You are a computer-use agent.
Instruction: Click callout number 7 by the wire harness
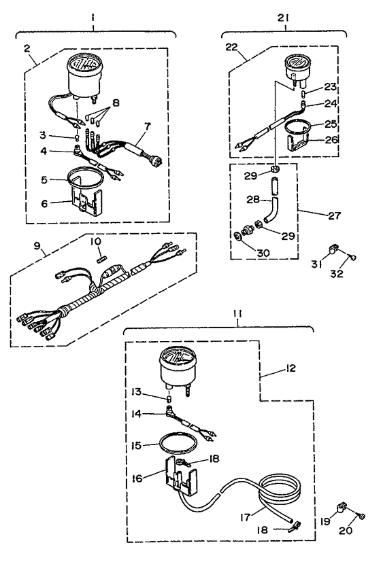148,126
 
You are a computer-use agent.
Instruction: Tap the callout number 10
95,241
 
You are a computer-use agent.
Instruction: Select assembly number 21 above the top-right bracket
283,18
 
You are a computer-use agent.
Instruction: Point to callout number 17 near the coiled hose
246,518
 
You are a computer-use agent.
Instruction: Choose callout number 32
337,273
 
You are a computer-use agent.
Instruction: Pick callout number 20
346,530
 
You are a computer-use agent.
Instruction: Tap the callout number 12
291,368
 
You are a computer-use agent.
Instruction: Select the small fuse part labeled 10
101,259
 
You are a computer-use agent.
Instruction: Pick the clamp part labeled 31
332,247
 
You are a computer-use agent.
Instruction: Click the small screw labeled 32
353,258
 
